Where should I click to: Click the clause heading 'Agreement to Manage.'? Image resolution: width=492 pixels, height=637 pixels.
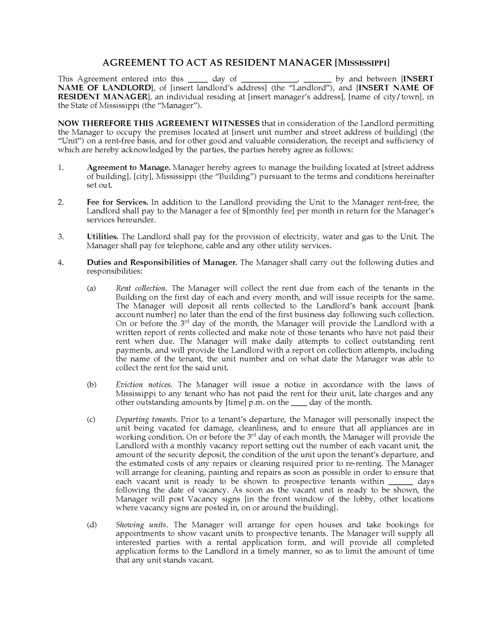click(x=129, y=168)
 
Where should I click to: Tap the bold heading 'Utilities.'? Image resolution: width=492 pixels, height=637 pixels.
click(x=103, y=237)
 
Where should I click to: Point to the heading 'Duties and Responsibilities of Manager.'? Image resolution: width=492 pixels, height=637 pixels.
click(x=162, y=262)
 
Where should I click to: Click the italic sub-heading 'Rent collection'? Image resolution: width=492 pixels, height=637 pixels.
click(x=140, y=288)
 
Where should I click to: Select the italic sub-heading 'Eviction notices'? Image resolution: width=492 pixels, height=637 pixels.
click(x=143, y=385)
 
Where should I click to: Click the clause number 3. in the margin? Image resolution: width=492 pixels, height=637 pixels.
click(x=61, y=237)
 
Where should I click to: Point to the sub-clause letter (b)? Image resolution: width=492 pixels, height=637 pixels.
click(x=92, y=385)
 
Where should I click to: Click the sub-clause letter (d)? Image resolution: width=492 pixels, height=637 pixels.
click(x=92, y=525)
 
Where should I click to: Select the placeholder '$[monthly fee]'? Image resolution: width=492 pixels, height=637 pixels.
click(x=268, y=211)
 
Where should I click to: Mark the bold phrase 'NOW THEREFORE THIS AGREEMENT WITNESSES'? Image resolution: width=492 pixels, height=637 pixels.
click(x=159, y=123)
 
